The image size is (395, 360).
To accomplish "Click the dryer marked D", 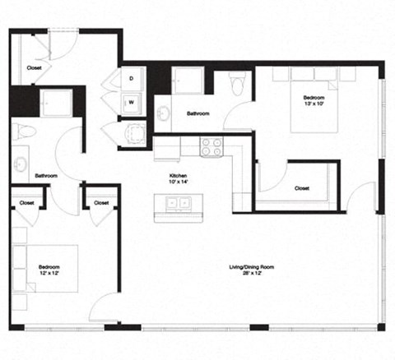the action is coord(132,79).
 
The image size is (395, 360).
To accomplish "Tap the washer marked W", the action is coord(132,103).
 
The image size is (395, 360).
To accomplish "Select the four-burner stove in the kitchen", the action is coord(211,148).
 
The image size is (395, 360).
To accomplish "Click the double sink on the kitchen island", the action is coord(179,203).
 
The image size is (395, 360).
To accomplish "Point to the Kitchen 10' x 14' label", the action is coord(179,178).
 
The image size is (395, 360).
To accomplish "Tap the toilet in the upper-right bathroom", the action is coord(237,82).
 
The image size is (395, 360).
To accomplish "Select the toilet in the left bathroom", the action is coord(24,132).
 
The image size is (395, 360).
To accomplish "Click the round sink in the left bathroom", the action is coord(20,164).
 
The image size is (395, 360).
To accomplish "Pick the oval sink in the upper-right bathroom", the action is coord(164,113).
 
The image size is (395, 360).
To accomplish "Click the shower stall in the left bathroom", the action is coord(58,103).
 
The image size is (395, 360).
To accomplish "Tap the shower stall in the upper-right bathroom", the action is coord(188,80).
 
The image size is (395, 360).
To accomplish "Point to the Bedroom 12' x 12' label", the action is coord(49,270).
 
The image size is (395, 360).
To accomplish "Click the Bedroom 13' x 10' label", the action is coord(314,100).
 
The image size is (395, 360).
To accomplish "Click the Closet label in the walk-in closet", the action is coord(302,188).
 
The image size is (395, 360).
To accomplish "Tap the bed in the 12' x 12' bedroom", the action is coord(45,269).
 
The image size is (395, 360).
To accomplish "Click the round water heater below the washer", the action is coord(135,133).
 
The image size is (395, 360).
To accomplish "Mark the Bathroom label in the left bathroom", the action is coord(46,176).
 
